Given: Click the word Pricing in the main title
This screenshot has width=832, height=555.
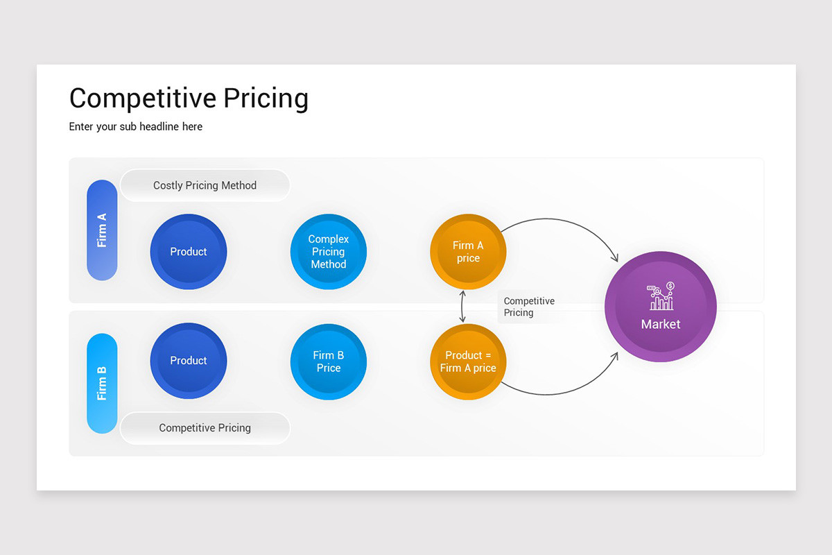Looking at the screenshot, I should [x=266, y=98].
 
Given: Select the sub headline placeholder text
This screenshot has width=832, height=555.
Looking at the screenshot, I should [x=136, y=126].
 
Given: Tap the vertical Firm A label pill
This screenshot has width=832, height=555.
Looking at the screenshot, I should [x=102, y=230].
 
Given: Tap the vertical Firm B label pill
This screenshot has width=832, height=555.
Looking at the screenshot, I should [x=102, y=383].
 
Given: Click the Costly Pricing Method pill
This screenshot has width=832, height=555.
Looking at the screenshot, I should [x=205, y=185].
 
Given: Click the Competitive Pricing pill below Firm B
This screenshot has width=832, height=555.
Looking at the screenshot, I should [x=205, y=428].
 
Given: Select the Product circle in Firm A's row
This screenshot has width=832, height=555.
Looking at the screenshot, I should [x=189, y=252].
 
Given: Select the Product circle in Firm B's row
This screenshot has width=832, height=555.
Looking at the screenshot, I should [x=189, y=361].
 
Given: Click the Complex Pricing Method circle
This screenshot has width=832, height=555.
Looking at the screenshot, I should [x=329, y=252].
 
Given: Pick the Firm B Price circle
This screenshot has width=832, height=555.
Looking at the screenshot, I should [x=329, y=361].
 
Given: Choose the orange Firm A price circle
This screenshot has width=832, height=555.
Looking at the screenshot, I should [x=468, y=252].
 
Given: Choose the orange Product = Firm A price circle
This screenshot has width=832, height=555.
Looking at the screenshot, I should [x=468, y=361].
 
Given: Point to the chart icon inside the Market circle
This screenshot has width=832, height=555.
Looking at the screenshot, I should [x=661, y=296].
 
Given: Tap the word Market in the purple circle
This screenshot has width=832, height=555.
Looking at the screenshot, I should [x=661, y=324].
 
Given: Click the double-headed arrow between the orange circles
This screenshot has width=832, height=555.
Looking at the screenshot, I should [x=462, y=307].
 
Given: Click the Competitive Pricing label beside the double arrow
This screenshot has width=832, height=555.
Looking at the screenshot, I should [x=528, y=307].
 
